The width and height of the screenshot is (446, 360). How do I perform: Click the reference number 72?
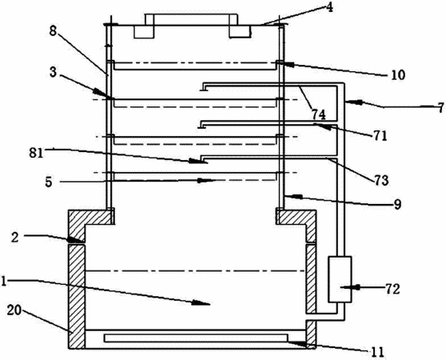[x=392, y=289]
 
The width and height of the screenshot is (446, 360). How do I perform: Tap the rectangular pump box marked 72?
[x=340, y=279]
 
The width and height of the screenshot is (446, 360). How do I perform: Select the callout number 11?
[x=377, y=352]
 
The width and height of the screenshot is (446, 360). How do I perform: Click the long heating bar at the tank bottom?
[x=196, y=338]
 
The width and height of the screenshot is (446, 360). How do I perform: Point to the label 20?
[x=14, y=310]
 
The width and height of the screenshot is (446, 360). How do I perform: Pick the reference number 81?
[x=36, y=154]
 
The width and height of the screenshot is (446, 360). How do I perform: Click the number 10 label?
[x=398, y=75]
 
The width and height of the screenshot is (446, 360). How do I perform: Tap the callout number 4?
[x=329, y=7]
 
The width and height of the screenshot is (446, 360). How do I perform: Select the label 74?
[x=318, y=114]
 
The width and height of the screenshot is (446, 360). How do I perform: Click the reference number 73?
[x=381, y=181]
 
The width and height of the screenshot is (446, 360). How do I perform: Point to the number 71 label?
[x=380, y=136]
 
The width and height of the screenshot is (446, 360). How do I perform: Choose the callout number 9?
[x=397, y=204]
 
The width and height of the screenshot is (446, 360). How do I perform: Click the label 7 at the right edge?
[x=440, y=108]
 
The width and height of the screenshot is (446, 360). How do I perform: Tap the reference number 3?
[x=54, y=72]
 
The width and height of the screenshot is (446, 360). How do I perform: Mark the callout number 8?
[x=53, y=31]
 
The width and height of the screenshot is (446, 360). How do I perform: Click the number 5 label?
[x=49, y=182]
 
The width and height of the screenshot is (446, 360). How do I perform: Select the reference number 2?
[x=15, y=238]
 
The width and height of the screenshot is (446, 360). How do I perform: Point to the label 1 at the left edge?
[x=3, y=282]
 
